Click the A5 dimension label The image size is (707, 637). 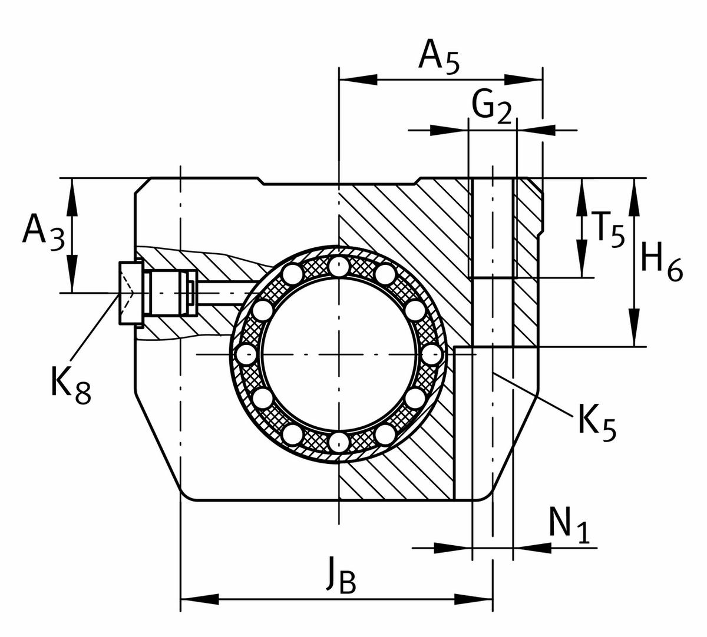pyautogui.click(x=438, y=58)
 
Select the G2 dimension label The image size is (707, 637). pyautogui.click(x=491, y=108)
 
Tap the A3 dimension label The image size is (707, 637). pyautogui.click(x=42, y=233)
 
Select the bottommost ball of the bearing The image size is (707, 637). pyautogui.click(x=339, y=442)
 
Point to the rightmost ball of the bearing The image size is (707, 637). pyautogui.click(x=432, y=354)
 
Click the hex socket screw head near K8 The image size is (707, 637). pyautogui.click(x=131, y=293)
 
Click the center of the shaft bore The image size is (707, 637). pyautogui.click(x=339, y=354)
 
